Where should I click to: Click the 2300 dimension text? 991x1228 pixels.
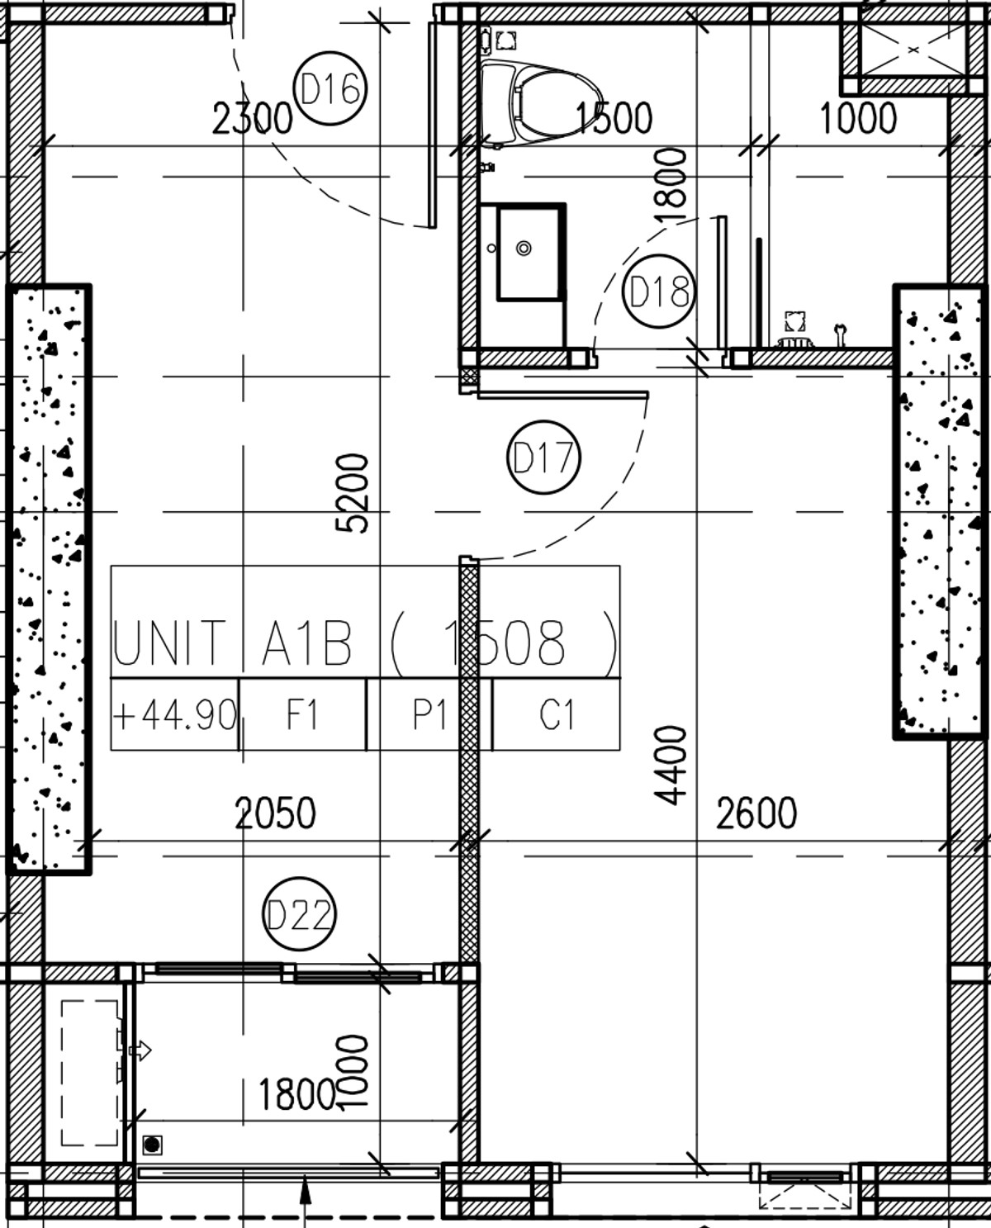tap(253, 119)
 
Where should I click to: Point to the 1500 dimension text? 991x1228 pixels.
tap(614, 117)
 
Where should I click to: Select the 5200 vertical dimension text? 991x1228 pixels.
tap(352, 493)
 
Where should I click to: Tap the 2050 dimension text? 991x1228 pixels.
tap(275, 813)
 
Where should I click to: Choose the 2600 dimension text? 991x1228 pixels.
tap(756, 813)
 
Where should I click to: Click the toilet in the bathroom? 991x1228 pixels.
tap(541, 104)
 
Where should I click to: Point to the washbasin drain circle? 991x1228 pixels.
tap(524, 249)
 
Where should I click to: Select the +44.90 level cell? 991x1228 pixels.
tap(175, 715)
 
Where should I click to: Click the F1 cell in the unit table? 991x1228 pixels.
tap(302, 715)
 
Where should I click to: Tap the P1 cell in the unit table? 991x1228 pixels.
tap(429, 715)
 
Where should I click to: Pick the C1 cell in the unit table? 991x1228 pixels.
tap(557, 715)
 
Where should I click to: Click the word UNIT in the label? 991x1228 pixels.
tap(169, 642)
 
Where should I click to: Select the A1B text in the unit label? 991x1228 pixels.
tap(306, 642)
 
